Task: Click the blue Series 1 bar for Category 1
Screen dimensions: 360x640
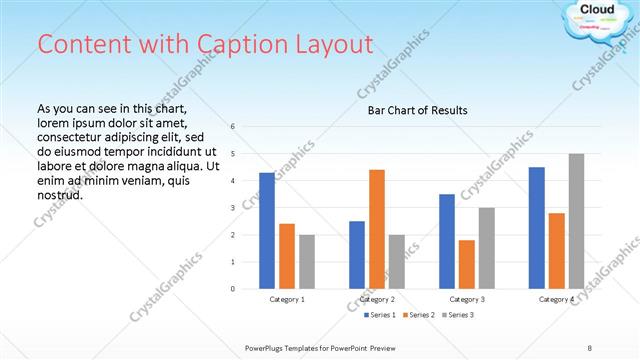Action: (x=267, y=231)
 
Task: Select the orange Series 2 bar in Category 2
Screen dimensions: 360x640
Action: (x=377, y=229)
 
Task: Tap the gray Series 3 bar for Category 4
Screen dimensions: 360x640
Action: (x=576, y=221)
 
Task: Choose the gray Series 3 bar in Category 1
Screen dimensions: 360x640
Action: (x=306, y=262)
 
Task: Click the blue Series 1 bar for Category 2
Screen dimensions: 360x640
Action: (x=357, y=255)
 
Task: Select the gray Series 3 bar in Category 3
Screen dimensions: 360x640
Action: (x=486, y=248)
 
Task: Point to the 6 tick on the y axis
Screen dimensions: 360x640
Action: (x=232, y=127)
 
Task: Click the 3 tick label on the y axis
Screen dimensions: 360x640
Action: (x=232, y=208)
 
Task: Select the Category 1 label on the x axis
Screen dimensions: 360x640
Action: (x=287, y=299)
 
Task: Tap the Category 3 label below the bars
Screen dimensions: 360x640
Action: (x=466, y=299)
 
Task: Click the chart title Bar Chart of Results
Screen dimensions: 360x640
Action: (x=418, y=110)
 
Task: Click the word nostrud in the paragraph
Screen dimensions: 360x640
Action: (x=59, y=195)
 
